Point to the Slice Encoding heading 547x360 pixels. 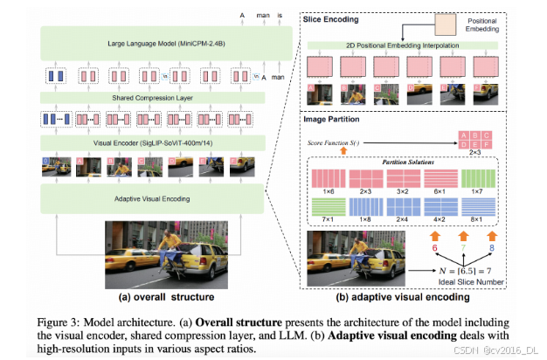[x=334, y=18]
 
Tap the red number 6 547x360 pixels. [x=434, y=250]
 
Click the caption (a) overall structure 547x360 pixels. [x=163, y=296]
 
